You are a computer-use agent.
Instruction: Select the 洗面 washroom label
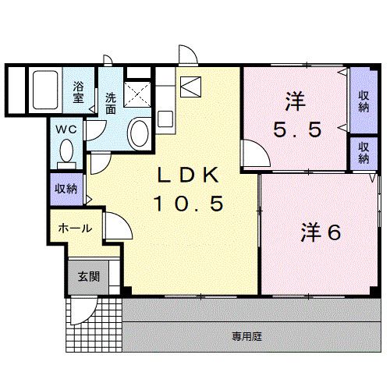111,104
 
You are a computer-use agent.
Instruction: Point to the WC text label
65,130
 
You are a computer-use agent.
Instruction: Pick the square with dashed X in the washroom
138,97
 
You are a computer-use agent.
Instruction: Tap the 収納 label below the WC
66,189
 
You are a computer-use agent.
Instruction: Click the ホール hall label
75,229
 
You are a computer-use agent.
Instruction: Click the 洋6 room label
321,232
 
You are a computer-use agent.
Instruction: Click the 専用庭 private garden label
246,336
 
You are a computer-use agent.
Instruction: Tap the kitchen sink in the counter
165,119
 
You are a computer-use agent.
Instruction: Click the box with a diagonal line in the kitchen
190,85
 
